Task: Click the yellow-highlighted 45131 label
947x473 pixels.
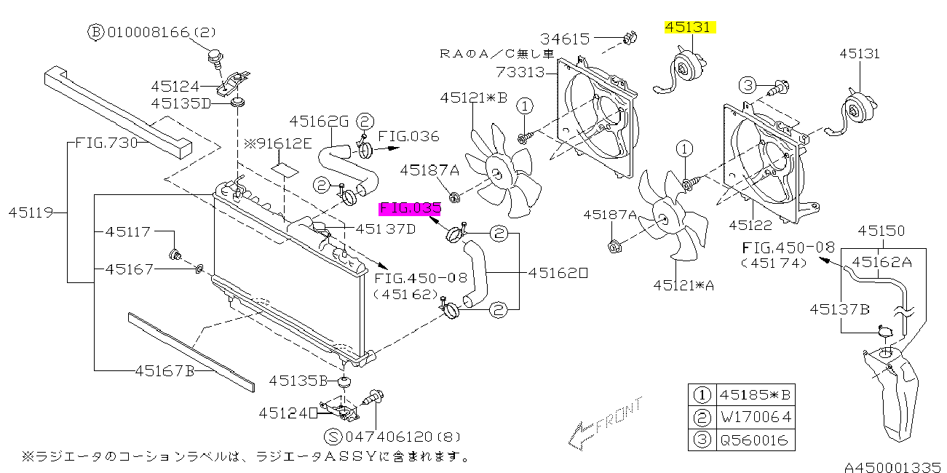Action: (x=690, y=28)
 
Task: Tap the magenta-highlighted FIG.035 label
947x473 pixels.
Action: (x=410, y=209)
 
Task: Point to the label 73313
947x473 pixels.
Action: (x=520, y=72)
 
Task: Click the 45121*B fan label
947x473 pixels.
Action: (x=473, y=98)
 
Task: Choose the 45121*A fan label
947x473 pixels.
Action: (x=683, y=285)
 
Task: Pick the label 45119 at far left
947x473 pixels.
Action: (x=30, y=213)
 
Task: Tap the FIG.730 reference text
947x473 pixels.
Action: (x=106, y=143)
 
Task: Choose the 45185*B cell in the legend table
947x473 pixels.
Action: (x=755, y=396)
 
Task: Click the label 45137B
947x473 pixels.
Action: (x=839, y=309)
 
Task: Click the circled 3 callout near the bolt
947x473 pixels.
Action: (x=748, y=85)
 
